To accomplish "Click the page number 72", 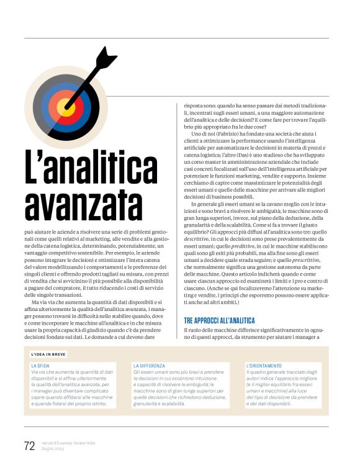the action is tap(29, 445).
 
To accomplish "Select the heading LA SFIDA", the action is tap(40, 366).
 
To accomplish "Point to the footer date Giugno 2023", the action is tap(53, 449).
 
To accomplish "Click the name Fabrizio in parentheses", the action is tap(232, 134).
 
